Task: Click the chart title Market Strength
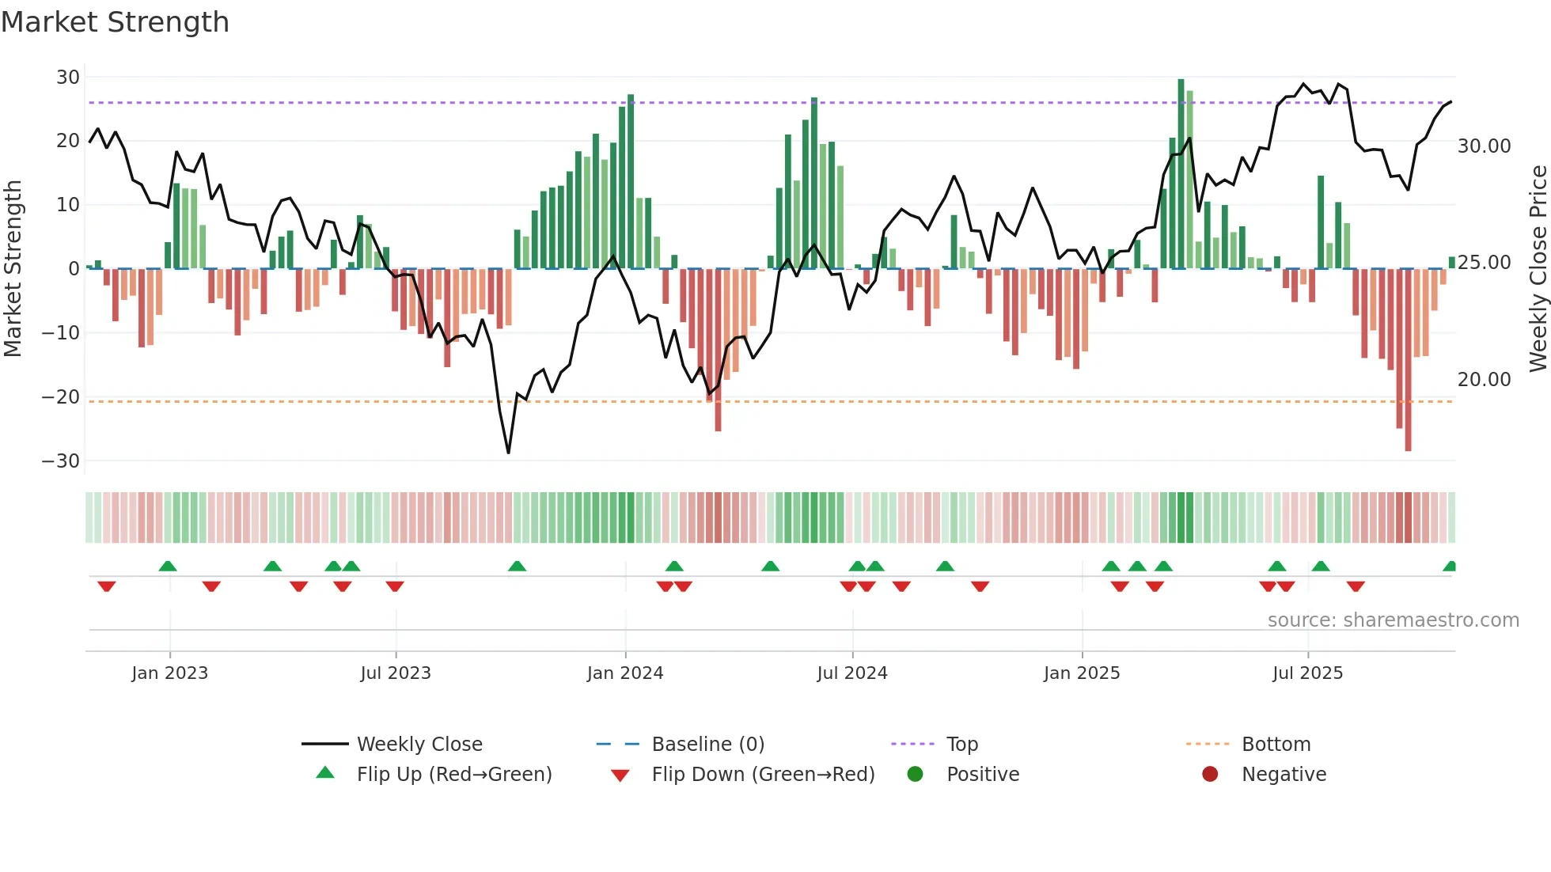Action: click(x=115, y=22)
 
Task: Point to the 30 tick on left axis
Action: click(x=68, y=78)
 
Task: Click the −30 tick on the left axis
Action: click(x=61, y=461)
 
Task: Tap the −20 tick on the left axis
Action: click(x=61, y=397)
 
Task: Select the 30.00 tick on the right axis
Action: click(x=1484, y=146)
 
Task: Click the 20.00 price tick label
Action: click(x=1484, y=380)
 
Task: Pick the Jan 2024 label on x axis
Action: click(x=625, y=673)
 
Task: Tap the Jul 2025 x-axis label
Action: click(x=1307, y=673)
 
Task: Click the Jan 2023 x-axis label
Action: click(x=169, y=673)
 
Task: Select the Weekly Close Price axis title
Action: click(x=1538, y=268)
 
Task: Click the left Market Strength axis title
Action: click(x=13, y=268)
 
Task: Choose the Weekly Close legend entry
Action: click(x=419, y=745)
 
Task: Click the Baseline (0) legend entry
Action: click(x=707, y=745)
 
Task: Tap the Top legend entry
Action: click(x=962, y=745)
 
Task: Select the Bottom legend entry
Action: click(x=1276, y=745)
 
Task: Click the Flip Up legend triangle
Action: click(x=325, y=773)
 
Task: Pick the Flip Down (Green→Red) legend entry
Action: click(x=763, y=775)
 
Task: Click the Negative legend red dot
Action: click(x=1210, y=774)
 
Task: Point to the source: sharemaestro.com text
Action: click(x=1393, y=620)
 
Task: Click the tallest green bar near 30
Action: click(x=1181, y=174)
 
